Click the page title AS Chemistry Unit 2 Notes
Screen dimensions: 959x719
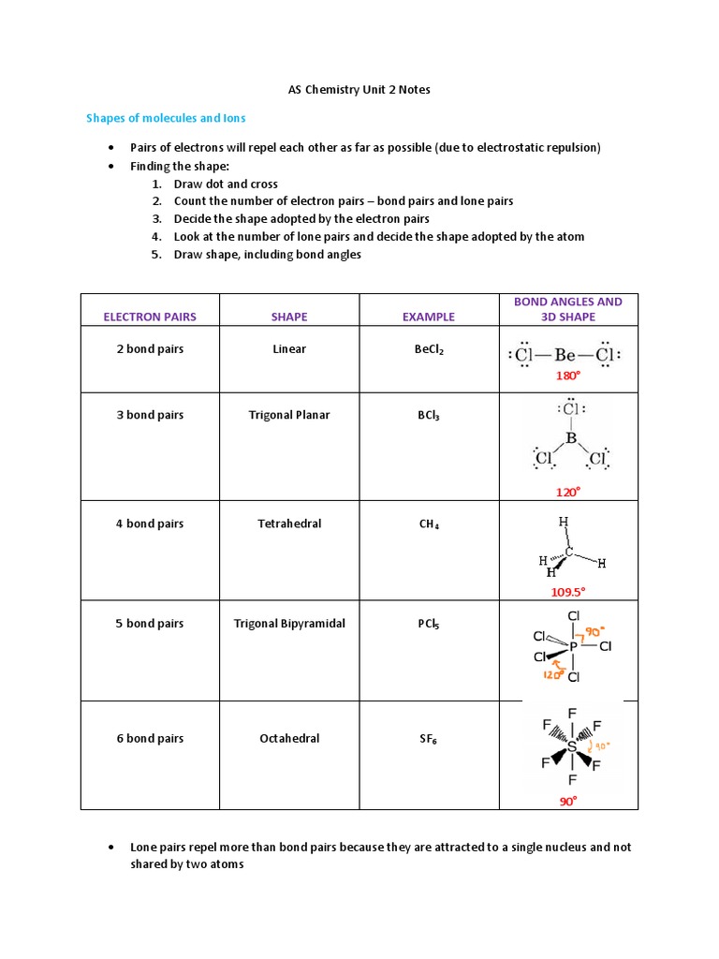[359, 90]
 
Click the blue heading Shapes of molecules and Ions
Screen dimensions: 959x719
[166, 118]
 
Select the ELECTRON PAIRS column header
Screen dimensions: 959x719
[150, 317]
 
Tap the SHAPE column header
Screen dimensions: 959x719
[289, 317]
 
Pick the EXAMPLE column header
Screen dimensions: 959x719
[429, 317]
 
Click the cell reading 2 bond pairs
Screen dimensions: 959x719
[150, 349]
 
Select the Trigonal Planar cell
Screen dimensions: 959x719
[289, 415]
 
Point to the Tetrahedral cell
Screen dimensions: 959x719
[289, 524]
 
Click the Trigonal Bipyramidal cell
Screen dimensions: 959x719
[289, 624]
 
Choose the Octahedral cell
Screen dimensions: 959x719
[289, 739]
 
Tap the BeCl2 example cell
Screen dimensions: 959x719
[430, 350]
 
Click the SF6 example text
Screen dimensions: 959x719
[429, 740]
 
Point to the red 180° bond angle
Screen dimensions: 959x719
[568, 376]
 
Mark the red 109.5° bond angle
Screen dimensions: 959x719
[568, 592]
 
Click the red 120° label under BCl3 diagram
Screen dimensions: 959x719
[568, 492]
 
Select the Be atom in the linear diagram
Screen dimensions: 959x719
[565, 356]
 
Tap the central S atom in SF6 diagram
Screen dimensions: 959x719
[572, 747]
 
